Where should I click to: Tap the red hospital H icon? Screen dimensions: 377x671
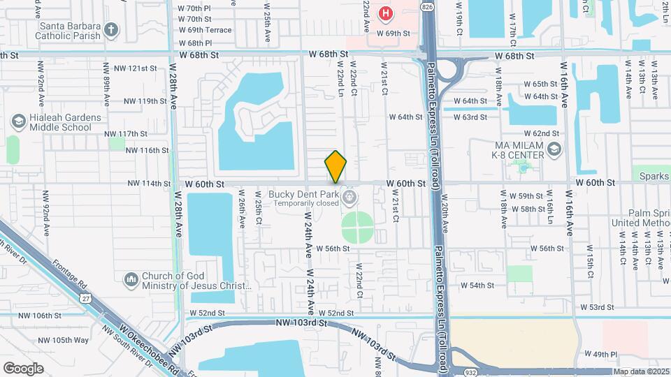pyautogui.click(x=385, y=13)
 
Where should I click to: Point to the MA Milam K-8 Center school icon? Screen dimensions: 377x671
pyautogui.click(x=554, y=149)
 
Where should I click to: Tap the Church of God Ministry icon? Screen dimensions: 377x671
pyautogui.click(x=131, y=280)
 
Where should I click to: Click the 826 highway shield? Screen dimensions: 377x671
pyautogui.click(x=426, y=6)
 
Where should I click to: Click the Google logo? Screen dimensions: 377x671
pyautogui.click(x=23, y=368)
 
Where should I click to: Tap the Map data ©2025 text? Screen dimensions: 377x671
pyautogui.click(x=641, y=372)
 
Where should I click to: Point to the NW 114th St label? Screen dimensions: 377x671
pyautogui.click(x=149, y=184)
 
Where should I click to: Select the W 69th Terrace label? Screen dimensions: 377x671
pyautogui.click(x=205, y=30)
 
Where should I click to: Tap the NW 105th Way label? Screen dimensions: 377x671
pyautogui.click(x=64, y=340)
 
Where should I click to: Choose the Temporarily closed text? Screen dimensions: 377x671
pyautogui.click(x=307, y=203)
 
